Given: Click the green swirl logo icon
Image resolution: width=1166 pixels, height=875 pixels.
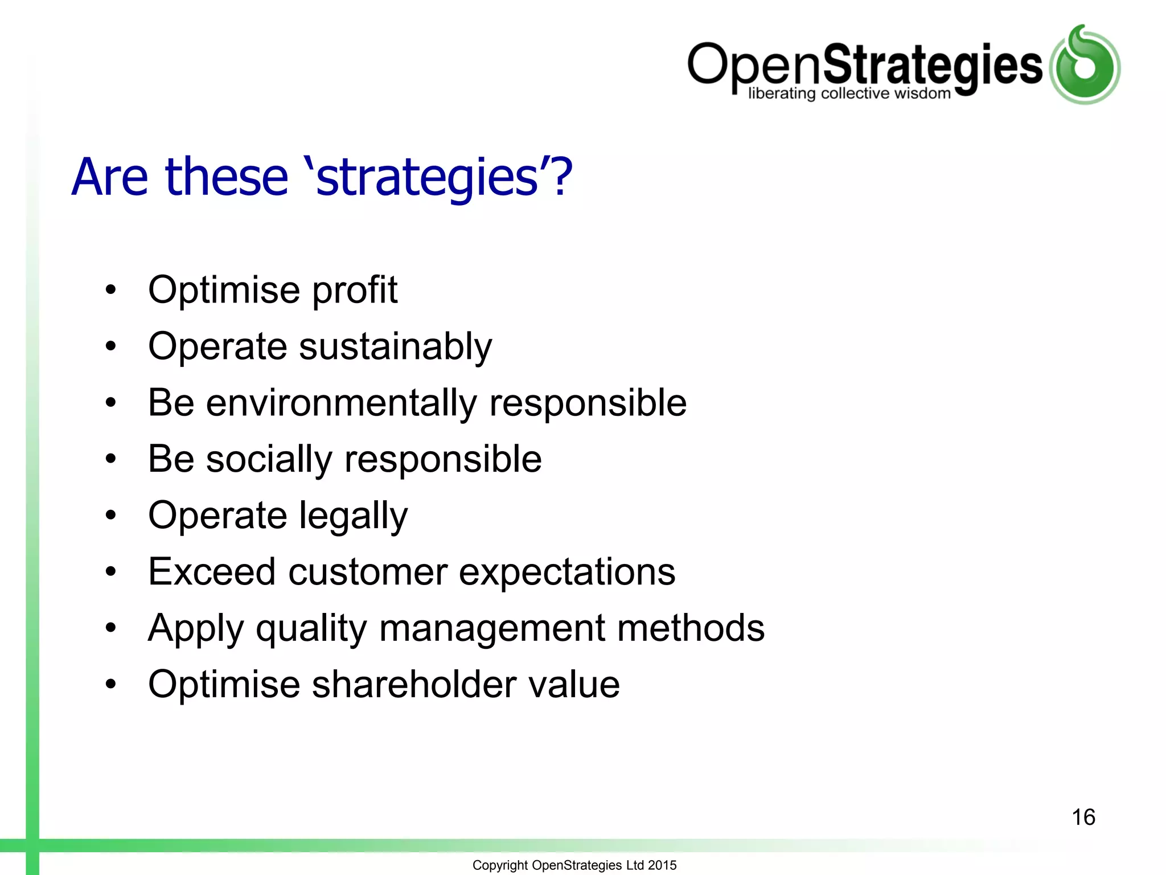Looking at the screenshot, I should point(1085,65).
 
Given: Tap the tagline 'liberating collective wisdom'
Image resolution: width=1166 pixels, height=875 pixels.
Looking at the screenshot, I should point(849,93).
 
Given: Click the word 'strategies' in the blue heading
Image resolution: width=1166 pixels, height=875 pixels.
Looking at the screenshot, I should point(426,178).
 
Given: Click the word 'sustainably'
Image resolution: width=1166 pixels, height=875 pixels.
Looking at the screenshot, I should point(395,347).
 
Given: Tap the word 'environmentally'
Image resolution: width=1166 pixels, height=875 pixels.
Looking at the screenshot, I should point(341,403).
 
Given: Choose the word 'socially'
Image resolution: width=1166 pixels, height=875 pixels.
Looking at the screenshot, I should point(268,460).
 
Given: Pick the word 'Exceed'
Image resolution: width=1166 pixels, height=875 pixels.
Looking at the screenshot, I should point(212,571).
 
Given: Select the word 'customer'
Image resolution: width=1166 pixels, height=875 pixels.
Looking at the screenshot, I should point(367,573).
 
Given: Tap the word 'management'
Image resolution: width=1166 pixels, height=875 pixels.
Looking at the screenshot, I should point(491,628).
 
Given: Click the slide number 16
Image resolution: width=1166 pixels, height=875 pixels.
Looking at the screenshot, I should point(1083,817).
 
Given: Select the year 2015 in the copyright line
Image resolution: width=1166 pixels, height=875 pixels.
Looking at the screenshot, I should point(662,865).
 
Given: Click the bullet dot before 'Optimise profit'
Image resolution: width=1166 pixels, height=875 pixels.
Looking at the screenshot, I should point(110,289).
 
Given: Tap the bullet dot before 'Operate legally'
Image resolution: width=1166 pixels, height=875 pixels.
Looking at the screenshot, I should point(110,515).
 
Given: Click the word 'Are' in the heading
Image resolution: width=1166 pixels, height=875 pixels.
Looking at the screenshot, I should point(109,178).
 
